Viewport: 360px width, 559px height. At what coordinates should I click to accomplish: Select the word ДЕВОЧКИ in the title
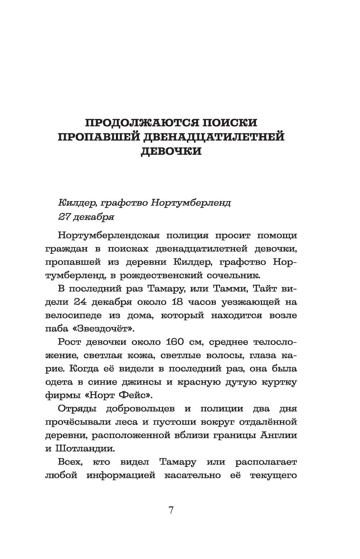tap(171, 151)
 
